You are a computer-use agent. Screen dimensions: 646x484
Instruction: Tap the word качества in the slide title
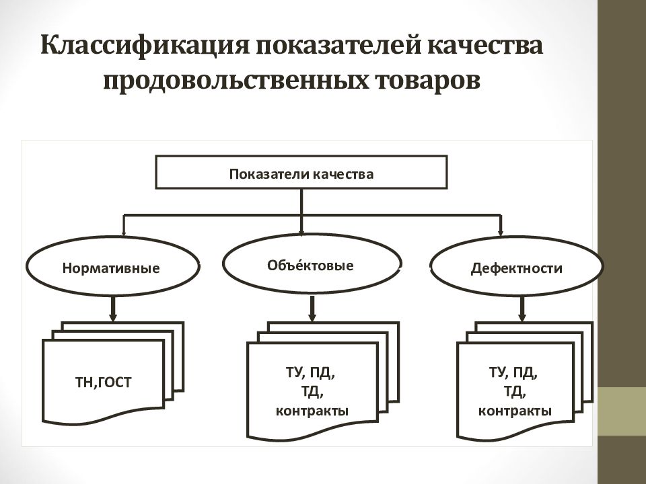click(x=485, y=45)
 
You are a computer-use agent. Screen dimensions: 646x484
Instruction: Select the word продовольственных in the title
click(x=236, y=80)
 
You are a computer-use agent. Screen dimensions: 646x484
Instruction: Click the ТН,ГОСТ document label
click(x=103, y=382)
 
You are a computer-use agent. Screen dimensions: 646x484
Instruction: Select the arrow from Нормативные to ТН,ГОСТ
click(x=113, y=309)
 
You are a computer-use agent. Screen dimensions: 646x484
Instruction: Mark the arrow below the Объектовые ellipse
click(x=312, y=309)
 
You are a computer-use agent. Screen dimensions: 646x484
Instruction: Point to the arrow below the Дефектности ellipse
click(x=522, y=309)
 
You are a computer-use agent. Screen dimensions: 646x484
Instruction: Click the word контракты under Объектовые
click(x=312, y=411)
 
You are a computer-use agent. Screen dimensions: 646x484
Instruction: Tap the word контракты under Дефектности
click(x=515, y=411)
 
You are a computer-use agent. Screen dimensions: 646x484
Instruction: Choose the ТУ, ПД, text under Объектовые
click(x=310, y=374)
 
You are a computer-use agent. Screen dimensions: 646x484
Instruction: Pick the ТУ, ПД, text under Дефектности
click(x=513, y=373)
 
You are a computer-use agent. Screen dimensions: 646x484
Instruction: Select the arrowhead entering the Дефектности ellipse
click(x=501, y=232)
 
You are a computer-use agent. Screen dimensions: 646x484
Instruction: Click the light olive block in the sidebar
click(x=622, y=411)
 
